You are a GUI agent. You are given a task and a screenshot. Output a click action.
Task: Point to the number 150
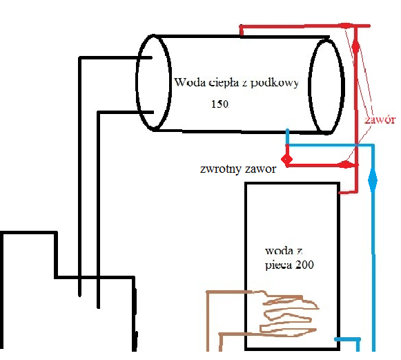click(219, 104)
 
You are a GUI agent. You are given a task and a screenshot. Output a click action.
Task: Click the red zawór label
click(380, 120)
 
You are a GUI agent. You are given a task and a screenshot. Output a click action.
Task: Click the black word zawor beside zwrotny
click(261, 169)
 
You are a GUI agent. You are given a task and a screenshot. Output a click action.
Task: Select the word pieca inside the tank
click(277, 265)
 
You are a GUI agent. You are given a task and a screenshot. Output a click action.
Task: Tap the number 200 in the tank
click(304, 265)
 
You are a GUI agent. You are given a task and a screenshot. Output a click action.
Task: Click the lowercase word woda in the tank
click(279, 251)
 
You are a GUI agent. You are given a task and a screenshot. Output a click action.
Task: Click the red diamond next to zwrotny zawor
click(286, 159)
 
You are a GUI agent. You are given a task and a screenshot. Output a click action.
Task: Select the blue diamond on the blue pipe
click(373, 180)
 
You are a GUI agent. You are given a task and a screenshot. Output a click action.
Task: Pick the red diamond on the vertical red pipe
click(355, 46)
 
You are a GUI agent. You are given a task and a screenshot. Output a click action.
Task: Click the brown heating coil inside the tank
click(289, 314)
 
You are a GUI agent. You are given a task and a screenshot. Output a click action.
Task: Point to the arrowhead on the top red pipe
click(346, 26)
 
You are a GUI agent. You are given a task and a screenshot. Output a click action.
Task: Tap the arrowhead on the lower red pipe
click(346, 164)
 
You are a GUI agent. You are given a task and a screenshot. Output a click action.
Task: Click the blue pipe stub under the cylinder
click(287, 138)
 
